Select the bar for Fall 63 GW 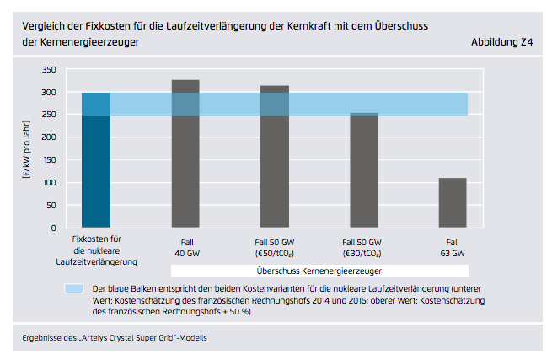pyautogui.click(x=453, y=202)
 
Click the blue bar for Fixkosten pyautogui.click(x=96, y=160)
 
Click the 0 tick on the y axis pyautogui.click(x=53, y=228)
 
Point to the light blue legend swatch pyautogui.click(x=74, y=288)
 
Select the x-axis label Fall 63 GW pyautogui.click(x=453, y=247)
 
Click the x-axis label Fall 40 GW pyautogui.click(x=185, y=247)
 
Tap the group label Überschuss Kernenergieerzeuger pyautogui.click(x=319, y=271)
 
